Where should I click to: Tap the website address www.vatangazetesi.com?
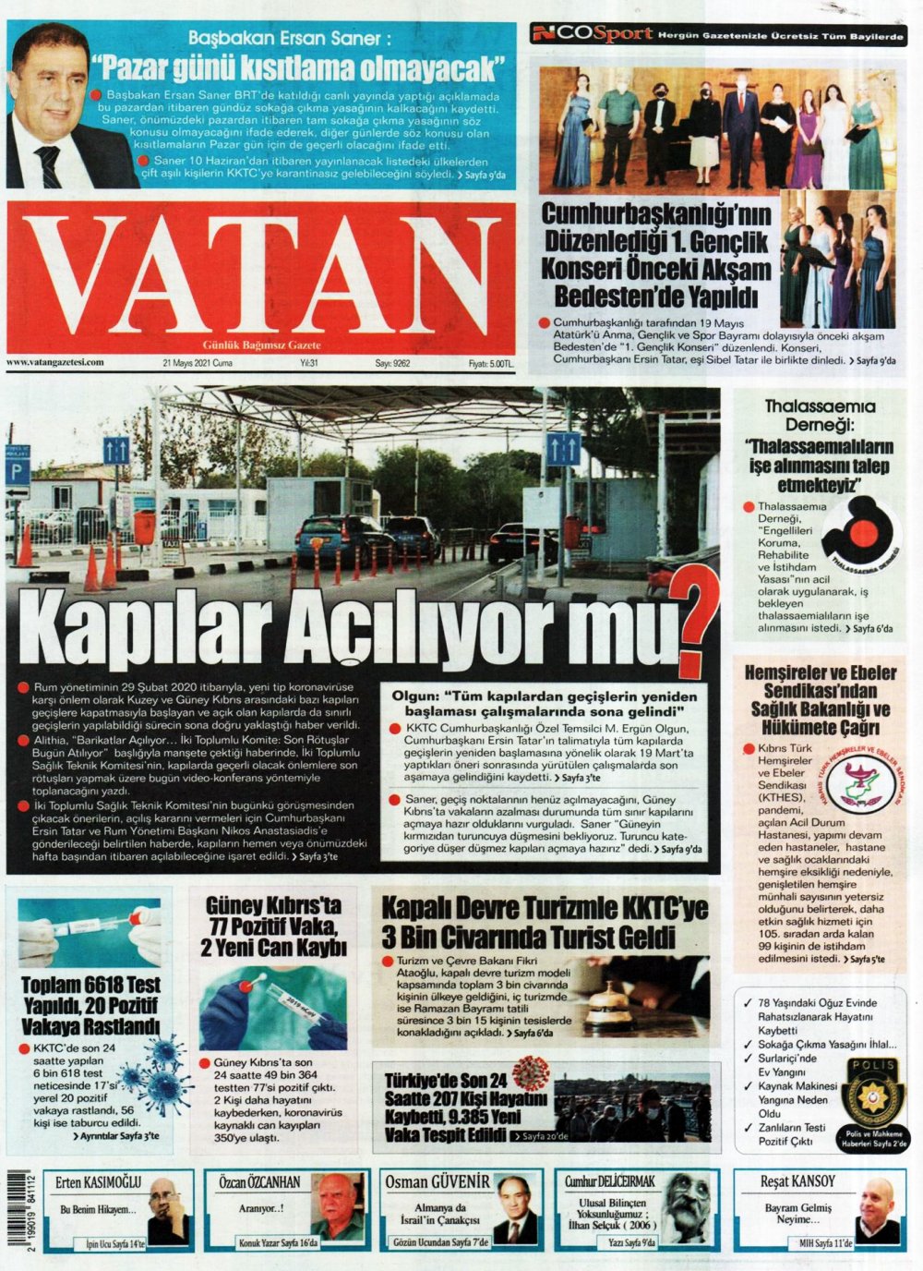[55, 363]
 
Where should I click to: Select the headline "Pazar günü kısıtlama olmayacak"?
[301, 69]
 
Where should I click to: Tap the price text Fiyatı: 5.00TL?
[490, 364]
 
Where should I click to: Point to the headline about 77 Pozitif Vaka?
[273, 926]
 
